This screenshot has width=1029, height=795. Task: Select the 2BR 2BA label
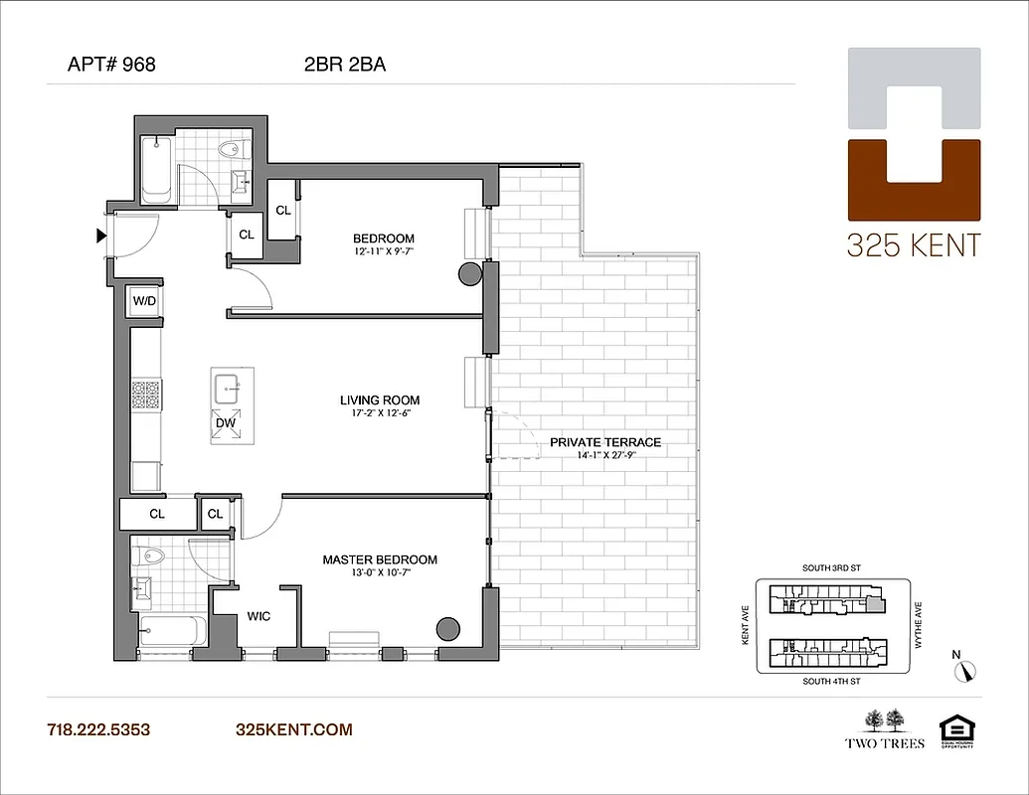345,67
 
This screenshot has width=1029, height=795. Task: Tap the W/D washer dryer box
144,301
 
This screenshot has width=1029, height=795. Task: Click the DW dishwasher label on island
226,422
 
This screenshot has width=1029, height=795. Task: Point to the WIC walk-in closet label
258,616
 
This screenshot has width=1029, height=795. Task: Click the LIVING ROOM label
380,400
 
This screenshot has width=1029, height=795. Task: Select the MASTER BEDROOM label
380,559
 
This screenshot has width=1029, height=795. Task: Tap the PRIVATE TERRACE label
604,442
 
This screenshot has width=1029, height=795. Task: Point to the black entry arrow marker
100,237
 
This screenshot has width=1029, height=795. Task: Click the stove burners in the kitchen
146,396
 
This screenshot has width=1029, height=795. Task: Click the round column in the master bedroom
447,628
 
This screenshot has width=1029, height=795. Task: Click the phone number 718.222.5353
98,729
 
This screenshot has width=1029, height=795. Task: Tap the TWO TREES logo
885,728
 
